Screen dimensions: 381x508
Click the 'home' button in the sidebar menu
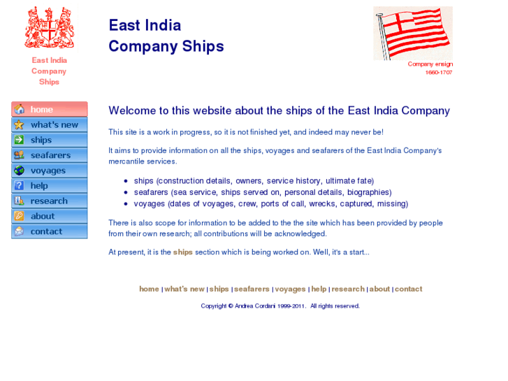(50, 110)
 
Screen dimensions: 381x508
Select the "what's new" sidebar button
(50, 125)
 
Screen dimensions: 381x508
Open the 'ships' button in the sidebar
(50, 141)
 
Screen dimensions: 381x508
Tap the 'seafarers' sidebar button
(50, 155)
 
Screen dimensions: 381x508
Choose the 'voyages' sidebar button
(50, 171)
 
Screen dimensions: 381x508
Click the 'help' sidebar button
(50, 186)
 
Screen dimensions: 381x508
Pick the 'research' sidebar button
(50, 201)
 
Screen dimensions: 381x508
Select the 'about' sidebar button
(50, 217)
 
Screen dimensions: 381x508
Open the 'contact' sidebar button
(50, 231)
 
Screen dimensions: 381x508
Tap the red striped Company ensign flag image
(413, 33)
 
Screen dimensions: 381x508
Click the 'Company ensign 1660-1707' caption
(430, 69)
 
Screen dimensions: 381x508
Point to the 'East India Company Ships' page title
(166, 36)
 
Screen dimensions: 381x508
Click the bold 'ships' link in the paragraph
(183, 252)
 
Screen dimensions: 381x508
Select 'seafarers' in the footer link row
(252, 289)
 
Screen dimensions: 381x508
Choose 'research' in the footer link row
(348, 289)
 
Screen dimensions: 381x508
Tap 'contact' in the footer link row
(409, 289)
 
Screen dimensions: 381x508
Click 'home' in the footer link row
(149, 289)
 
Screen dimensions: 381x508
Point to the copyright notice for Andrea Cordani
(280, 306)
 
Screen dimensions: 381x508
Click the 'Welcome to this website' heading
(279, 110)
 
